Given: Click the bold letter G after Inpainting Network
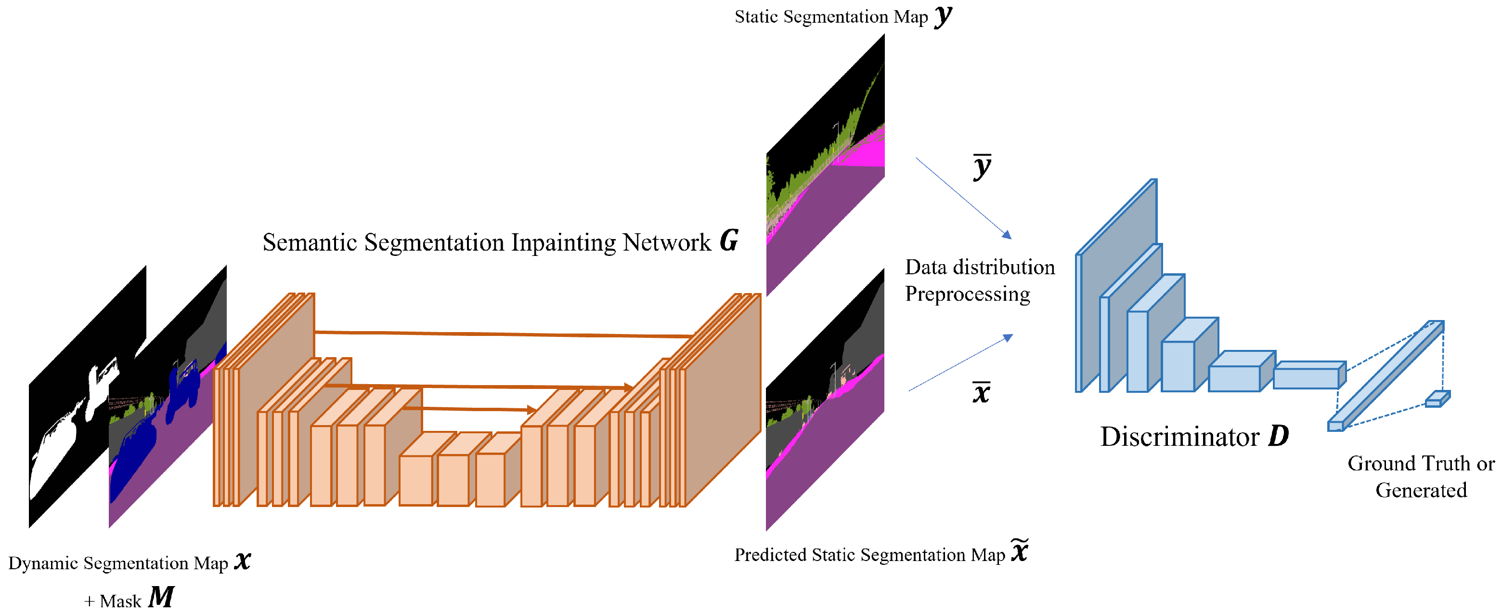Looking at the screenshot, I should [728, 241].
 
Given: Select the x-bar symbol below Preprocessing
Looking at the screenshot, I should [981, 392].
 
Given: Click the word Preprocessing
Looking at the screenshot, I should [967, 294].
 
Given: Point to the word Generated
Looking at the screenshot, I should [1421, 490].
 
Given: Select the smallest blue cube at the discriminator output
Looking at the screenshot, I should [1437, 400].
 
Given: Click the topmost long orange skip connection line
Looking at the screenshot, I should [502, 334].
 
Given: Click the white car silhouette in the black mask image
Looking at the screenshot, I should [70, 432].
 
